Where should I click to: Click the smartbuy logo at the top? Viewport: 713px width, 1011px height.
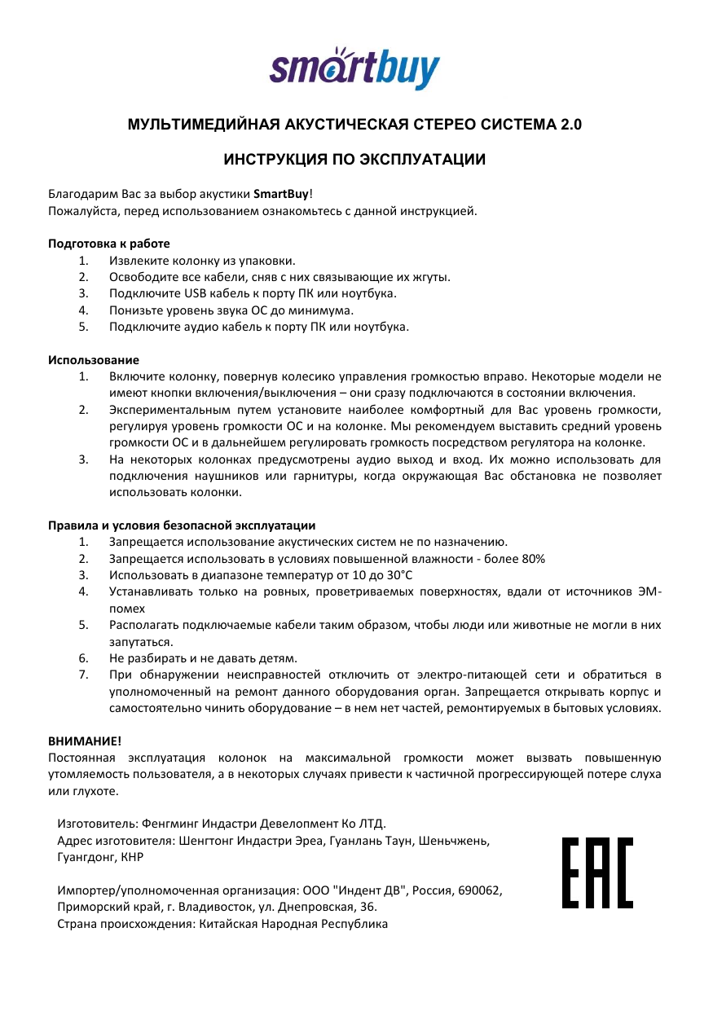point(354,67)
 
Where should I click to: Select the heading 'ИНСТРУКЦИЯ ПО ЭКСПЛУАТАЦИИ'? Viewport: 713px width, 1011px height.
point(354,159)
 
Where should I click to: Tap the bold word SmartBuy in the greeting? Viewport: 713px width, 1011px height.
point(281,195)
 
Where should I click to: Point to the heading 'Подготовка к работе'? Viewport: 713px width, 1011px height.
point(108,243)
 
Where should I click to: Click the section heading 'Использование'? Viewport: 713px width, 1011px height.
point(93,359)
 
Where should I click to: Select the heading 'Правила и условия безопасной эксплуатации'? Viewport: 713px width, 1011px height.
point(182,525)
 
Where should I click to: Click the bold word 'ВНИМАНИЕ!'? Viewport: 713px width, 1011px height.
point(84,741)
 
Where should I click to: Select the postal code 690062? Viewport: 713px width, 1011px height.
point(482,890)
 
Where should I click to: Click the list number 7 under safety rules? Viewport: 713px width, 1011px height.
point(82,675)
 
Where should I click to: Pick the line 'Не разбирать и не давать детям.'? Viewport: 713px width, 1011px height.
point(203,657)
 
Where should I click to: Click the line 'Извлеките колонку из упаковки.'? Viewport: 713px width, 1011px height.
point(201,261)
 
